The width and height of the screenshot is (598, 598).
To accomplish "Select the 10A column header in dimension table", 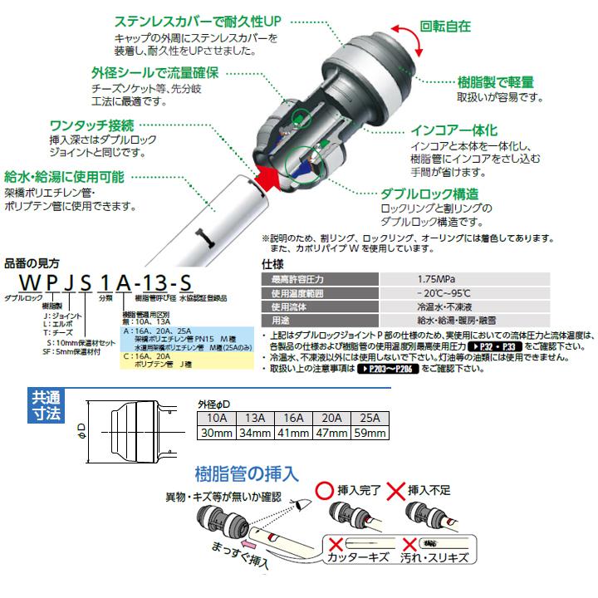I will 217,418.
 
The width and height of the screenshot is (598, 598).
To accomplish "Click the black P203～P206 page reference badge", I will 390,367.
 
